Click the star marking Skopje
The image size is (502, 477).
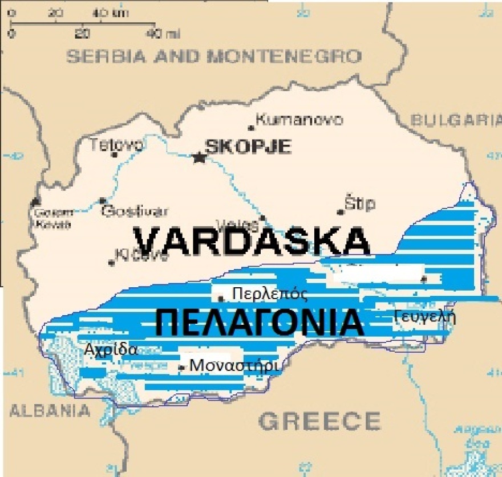(199, 157)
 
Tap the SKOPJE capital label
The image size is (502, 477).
(248, 146)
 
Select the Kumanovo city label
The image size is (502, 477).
(299, 120)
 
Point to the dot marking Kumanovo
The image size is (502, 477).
(251, 128)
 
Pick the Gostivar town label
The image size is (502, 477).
(135, 211)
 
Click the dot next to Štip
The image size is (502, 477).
(341, 212)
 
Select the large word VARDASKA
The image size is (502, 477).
(252, 241)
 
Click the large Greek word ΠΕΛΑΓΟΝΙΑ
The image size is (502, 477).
(260, 323)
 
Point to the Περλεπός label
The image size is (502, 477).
(270, 294)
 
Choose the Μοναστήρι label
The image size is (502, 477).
(234, 365)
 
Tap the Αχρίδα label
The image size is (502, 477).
(111, 349)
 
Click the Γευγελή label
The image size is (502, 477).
(425, 317)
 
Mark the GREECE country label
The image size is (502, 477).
(319, 421)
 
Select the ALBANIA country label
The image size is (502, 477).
(50, 410)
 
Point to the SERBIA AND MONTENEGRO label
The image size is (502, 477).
(214, 56)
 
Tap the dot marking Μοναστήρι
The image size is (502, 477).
(181, 368)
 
